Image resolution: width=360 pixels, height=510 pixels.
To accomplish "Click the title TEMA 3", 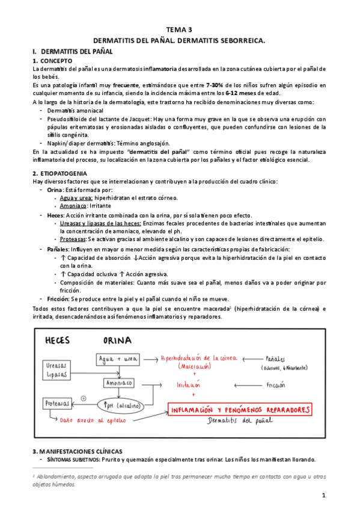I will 180,29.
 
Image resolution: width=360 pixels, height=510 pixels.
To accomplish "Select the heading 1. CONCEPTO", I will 53,61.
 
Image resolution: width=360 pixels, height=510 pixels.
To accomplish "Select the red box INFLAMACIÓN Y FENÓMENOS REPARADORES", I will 240,410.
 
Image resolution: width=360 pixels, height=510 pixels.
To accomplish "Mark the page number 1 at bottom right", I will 323,495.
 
